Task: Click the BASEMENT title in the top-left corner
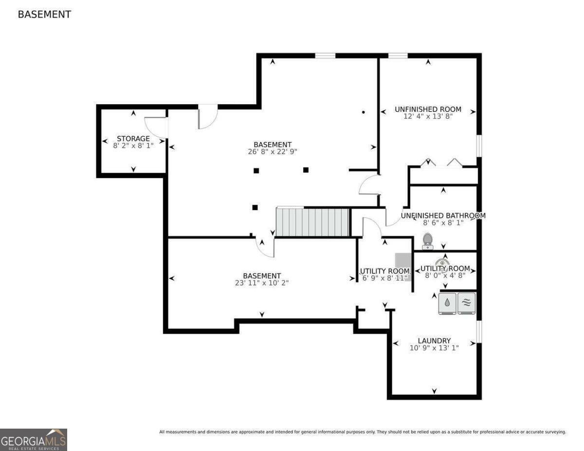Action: point(44,15)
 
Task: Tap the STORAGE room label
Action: point(133,139)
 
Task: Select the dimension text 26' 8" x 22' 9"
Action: point(273,151)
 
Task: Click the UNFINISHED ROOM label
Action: point(428,109)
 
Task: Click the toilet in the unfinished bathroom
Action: point(428,241)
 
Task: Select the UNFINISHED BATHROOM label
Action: point(443,216)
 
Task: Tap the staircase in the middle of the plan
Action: point(313,222)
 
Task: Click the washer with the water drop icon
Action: point(447,303)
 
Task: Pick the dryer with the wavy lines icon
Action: point(466,303)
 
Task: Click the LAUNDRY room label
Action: point(434,341)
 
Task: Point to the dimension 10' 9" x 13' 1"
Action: point(434,347)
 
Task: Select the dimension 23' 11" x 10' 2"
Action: point(262,283)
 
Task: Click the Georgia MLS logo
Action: point(34,440)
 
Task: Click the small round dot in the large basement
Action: point(363,112)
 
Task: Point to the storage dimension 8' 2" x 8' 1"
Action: point(133,145)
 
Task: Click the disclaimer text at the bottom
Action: point(363,432)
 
